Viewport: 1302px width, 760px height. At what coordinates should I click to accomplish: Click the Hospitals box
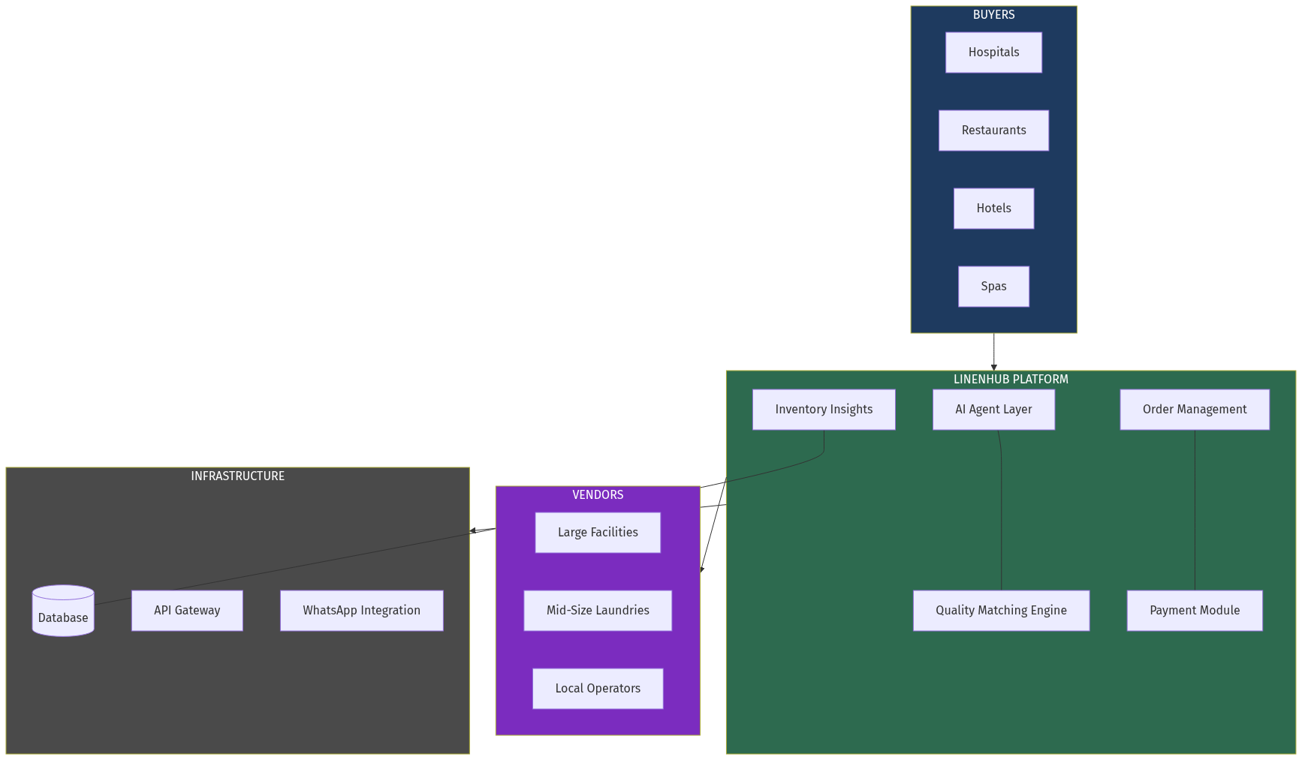[x=993, y=53]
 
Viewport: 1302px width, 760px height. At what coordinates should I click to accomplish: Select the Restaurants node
[x=993, y=131]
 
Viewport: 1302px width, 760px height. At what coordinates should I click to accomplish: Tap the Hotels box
[x=993, y=209]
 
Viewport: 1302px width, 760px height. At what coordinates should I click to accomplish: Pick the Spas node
[x=993, y=287]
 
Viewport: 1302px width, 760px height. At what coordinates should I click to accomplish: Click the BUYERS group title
[x=993, y=15]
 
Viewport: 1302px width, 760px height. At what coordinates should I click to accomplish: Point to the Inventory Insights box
[x=824, y=410]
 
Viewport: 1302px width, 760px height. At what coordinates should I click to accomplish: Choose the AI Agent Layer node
[x=993, y=410]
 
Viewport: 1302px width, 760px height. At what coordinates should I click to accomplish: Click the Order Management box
[x=1194, y=410]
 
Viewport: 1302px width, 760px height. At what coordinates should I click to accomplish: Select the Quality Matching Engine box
[x=1001, y=611]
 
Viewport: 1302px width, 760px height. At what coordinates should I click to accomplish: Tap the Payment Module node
[x=1194, y=611]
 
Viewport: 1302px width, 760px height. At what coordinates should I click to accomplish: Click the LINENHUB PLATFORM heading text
[x=1011, y=380]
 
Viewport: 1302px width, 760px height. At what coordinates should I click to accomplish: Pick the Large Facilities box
[x=598, y=533]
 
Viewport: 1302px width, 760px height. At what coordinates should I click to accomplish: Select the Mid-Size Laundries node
[x=598, y=611]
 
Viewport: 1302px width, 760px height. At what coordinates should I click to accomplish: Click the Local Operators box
[x=598, y=689]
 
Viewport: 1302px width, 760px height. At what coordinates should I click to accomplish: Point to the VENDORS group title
[x=598, y=495]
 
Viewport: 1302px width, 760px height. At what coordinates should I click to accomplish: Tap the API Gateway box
[x=187, y=611]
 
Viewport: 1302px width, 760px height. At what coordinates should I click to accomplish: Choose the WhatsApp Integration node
[x=361, y=611]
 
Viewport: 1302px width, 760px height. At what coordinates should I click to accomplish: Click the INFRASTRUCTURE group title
[x=237, y=476]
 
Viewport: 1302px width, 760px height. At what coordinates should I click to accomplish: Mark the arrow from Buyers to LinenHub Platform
[x=994, y=351]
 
